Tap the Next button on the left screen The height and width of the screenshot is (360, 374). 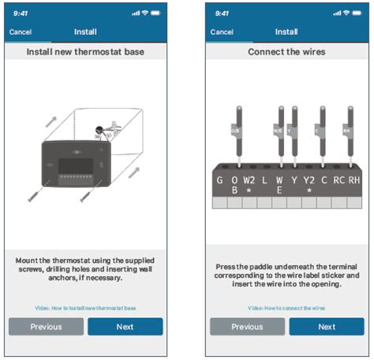click(x=125, y=327)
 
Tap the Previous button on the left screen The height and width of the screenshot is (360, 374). click(x=46, y=327)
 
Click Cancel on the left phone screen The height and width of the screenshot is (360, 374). click(x=21, y=32)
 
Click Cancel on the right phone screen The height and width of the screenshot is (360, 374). click(x=222, y=32)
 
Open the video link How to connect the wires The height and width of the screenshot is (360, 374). click(x=286, y=307)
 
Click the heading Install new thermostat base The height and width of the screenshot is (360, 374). click(x=85, y=52)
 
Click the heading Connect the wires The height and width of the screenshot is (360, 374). click(x=286, y=52)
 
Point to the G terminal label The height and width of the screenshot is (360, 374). click(x=219, y=179)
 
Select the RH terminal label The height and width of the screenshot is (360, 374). click(x=354, y=179)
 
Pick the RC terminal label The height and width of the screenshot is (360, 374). click(x=338, y=179)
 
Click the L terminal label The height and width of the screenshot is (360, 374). click(x=264, y=179)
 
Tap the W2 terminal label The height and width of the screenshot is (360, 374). click(x=249, y=181)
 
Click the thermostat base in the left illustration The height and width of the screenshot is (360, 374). click(x=76, y=167)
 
